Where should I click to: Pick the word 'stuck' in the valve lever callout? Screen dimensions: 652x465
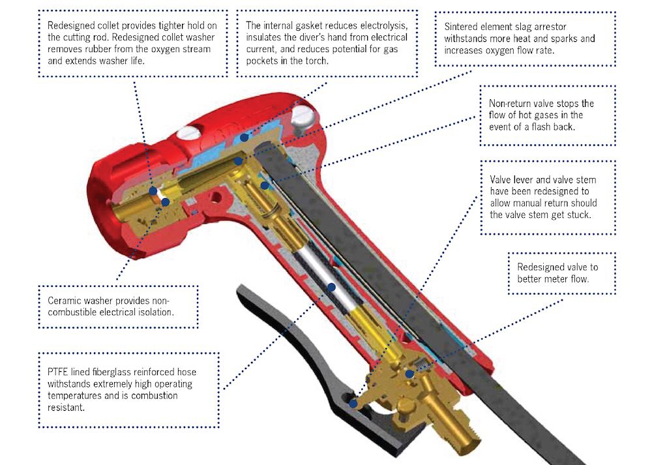[578, 215]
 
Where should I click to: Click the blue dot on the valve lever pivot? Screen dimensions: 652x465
[353, 404]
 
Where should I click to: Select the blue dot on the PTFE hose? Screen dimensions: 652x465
[331, 287]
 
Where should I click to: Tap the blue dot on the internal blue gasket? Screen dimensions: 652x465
[244, 137]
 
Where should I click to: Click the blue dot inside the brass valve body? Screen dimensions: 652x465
[409, 374]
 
